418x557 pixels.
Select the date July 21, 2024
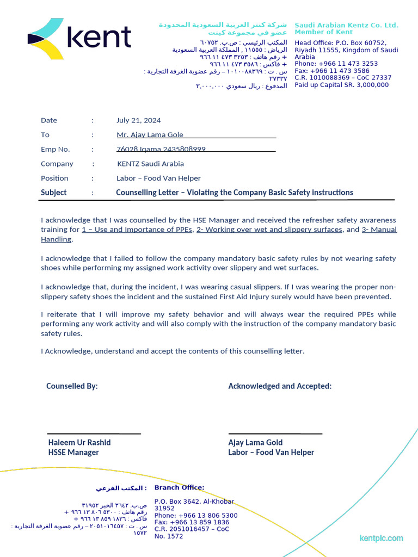pos(138,121)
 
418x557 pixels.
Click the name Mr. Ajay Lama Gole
pos(150,135)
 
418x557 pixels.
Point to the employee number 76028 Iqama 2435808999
pos(161,149)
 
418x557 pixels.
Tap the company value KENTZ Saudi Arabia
pos(150,164)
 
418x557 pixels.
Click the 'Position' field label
pos(54,178)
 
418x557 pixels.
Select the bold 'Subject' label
pos(53,193)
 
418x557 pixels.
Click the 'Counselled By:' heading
pos(72,386)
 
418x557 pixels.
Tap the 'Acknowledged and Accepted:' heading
pos(280,386)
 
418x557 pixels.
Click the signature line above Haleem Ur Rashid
pos(94,434)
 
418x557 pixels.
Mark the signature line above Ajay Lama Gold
pos(275,434)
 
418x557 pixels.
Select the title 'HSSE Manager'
pos(73,453)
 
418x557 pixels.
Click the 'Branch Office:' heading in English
pos(179,487)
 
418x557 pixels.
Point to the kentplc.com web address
pos(381,539)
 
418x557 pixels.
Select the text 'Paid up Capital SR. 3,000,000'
pos(341,85)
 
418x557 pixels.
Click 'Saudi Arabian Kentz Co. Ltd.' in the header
pos(346,26)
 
